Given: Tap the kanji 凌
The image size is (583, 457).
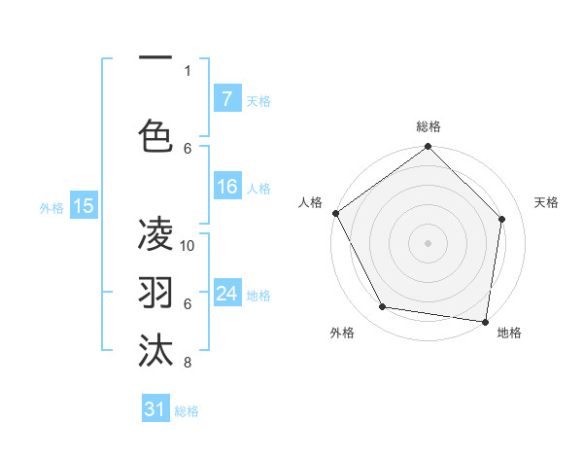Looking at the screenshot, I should click(x=155, y=234).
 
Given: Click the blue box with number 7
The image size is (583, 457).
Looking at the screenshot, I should click(x=226, y=99).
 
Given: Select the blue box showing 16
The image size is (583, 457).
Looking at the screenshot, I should click(x=226, y=187).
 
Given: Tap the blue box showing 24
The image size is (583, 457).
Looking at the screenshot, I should click(x=226, y=294).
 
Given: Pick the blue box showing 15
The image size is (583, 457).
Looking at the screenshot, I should click(x=84, y=206).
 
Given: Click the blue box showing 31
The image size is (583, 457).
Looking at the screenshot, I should click(x=155, y=409).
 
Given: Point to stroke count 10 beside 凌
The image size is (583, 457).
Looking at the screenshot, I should click(x=188, y=245).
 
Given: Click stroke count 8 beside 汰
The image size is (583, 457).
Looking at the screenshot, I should click(x=188, y=363).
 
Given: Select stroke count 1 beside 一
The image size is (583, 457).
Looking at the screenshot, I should click(x=188, y=70).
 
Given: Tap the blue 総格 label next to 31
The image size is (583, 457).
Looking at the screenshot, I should click(x=187, y=411).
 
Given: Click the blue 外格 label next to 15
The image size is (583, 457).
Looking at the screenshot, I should click(x=51, y=207).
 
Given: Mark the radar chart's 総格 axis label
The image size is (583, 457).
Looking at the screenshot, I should click(x=428, y=126).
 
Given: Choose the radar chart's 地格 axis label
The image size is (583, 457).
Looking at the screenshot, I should click(x=509, y=333).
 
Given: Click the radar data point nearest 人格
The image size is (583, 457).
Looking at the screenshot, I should click(x=335, y=213).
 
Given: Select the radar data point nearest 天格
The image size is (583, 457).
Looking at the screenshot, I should click(x=502, y=219).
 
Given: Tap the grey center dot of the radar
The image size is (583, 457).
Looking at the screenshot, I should click(x=428, y=242).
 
